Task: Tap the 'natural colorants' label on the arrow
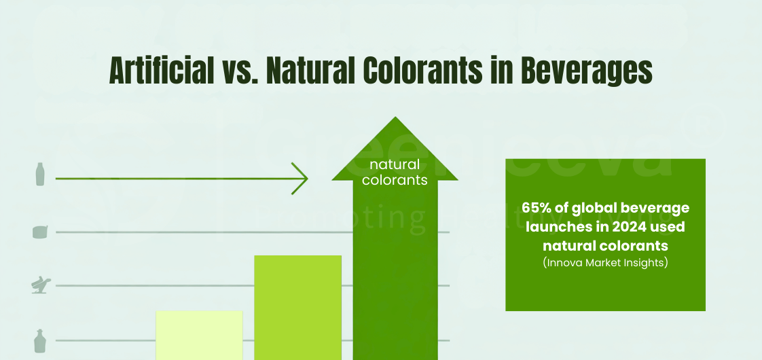[x=395, y=173]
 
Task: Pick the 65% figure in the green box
[x=536, y=207]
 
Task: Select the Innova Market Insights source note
[x=605, y=262]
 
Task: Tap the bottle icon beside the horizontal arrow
[x=40, y=174]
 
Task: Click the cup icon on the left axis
[x=40, y=232]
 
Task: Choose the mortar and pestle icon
[x=40, y=285]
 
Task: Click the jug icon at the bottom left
[x=40, y=340]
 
